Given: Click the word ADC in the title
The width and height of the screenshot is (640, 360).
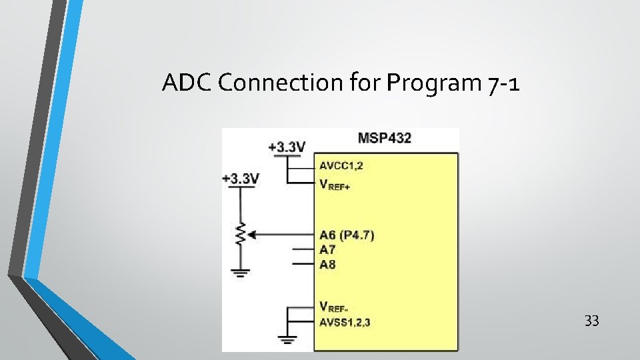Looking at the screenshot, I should (x=187, y=83).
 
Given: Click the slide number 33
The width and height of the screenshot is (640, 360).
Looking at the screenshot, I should (x=591, y=321).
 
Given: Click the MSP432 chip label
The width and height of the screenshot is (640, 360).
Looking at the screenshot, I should (x=385, y=138).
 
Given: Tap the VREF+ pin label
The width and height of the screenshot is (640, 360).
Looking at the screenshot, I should (x=335, y=185).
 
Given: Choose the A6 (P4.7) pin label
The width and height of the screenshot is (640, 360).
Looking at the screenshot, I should (x=347, y=235).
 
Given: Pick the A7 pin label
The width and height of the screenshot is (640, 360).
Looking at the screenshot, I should (x=327, y=249).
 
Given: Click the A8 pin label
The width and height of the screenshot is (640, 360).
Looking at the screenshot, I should (x=327, y=265).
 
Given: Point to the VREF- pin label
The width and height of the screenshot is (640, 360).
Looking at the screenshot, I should (x=334, y=307).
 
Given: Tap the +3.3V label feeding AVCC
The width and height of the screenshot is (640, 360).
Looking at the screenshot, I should (x=287, y=147).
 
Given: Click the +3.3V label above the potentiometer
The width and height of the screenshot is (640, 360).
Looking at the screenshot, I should (x=240, y=179).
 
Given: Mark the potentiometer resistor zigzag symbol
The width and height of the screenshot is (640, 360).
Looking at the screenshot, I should (x=241, y=234).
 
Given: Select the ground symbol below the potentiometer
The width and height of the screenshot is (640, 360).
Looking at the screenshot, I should (x=241, y=272).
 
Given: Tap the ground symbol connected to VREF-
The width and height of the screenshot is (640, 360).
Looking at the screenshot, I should (x=287, y=339).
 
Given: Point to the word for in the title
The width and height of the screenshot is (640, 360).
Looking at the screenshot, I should (x=368, y=83).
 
